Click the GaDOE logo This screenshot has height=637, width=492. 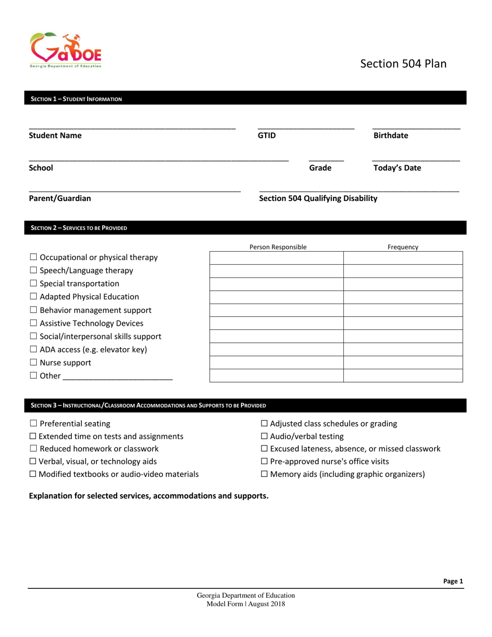point(66,50)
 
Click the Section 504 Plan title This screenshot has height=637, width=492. point(403,64)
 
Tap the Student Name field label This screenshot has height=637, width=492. point(55,136)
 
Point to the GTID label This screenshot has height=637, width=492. point(267,136)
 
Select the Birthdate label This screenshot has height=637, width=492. point(390,136)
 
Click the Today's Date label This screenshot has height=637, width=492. point(397,168)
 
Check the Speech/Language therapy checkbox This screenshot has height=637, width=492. point(33,270)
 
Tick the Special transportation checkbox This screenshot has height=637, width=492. point(33,284)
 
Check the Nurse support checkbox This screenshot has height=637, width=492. point(33,363)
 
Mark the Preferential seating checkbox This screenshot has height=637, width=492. point(33,424)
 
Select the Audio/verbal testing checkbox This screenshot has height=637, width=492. point(264,437)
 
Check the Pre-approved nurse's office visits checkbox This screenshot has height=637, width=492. point(264,461)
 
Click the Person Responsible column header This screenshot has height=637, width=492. point(278,247)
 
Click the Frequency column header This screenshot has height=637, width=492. point(403,247)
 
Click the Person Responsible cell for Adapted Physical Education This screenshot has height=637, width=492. point(277,297)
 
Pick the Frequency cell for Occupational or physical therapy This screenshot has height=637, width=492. point(403,258)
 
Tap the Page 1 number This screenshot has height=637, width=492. point(453,582)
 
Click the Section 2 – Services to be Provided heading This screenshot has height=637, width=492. point(79,228)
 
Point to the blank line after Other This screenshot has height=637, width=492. point(118,377)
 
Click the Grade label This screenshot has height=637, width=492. point(320,168)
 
